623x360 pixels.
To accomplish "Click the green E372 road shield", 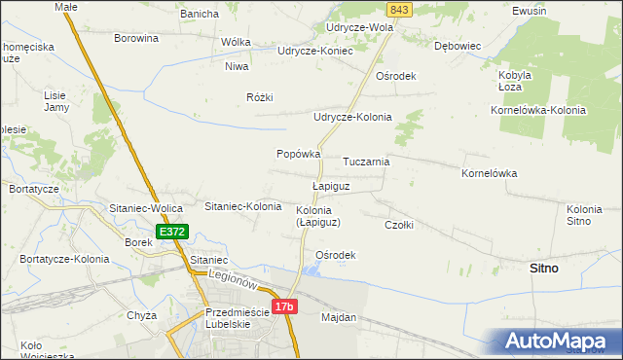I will [171, 232].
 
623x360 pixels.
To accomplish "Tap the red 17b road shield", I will [283, 307].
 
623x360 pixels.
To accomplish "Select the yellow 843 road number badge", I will [396, 9].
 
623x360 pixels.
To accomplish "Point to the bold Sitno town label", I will [543, 268].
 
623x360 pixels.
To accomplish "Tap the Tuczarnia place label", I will [367, 162].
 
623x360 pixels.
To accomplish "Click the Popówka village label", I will [299, 154].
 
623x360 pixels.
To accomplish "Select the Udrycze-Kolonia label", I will [351, 117].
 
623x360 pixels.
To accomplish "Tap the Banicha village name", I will [200, 14].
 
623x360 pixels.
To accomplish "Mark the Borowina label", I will [136, 39].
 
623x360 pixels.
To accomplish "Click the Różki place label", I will [261, 97].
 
